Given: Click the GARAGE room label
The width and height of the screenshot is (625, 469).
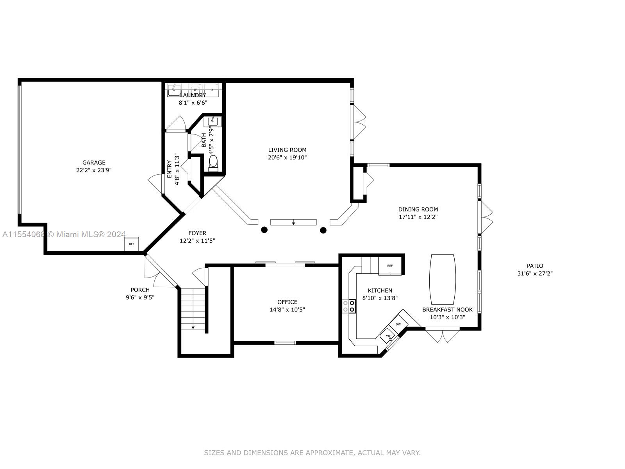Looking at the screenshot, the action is pyautogui.click(x=94, y=163).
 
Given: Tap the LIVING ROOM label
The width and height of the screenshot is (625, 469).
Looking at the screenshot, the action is pyautogui.click(x=287, y=150).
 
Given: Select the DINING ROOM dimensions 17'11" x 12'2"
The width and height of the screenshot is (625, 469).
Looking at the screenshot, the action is pyautogui.click(x=418, y=217).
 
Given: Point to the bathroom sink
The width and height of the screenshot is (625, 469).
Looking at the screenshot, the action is pyautogui.click(x=213, y=122).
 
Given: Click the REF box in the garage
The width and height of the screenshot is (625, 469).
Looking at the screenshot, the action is pyautogui.click(x=132, y=244).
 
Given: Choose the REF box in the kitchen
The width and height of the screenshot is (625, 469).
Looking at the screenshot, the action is pyautogui.click(x=390, y=266).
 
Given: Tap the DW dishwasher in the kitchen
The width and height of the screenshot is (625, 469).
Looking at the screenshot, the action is pyautogui.click(x=398, y=324).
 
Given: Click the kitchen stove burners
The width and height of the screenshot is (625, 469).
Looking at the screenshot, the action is pyautogui.click(x=349, y=306).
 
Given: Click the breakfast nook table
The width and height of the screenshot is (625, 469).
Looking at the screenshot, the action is pyautogui.click(x=443, y=279).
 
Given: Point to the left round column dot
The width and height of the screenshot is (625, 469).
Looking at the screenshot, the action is pyautogui.click(x=264, y=229).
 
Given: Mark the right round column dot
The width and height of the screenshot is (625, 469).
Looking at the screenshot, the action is pyautogui.click(x=323, y=230).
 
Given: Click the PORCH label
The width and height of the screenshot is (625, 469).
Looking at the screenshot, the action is pyautogui.click(x=140, y=290).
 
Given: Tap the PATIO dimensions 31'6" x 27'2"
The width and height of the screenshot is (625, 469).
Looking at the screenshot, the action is pyautogui.click(x=535, y=274).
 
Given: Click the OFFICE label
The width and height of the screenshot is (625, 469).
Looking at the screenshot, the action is pyautogui.click(x=287, y=302).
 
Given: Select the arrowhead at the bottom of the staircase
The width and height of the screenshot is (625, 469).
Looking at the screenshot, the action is pyautogui.click(x=193, y=328).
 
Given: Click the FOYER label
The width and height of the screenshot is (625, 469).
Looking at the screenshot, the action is pyautogui.click(x=197, y=233).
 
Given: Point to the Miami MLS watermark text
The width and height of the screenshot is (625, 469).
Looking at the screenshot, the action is pyautogui.click(x=87, y=234).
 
